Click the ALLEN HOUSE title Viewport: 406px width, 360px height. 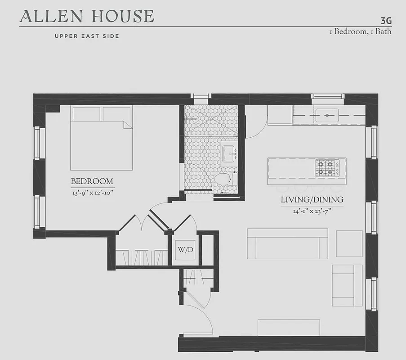tap(87, 16)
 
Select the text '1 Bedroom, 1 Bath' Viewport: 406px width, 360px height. tap(360, 31)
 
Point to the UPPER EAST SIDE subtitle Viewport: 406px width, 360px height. tap(87, 36)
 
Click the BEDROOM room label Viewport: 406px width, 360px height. tap(92, 181)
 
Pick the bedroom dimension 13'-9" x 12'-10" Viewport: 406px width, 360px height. tap(92, 193)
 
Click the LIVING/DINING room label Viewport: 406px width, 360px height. tap(312, 199)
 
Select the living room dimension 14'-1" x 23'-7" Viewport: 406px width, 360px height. tap(312, 211)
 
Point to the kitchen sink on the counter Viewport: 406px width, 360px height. tap(326, 116)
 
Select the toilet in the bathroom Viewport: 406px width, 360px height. tap(223, 179)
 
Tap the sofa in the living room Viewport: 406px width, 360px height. tap(287, 244)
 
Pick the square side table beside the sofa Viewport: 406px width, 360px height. tap(349, 243)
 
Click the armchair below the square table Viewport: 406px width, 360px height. tap(347, 285)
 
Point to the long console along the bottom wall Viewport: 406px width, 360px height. tap(288, 327)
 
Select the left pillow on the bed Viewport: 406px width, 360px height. tap(85, 114)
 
